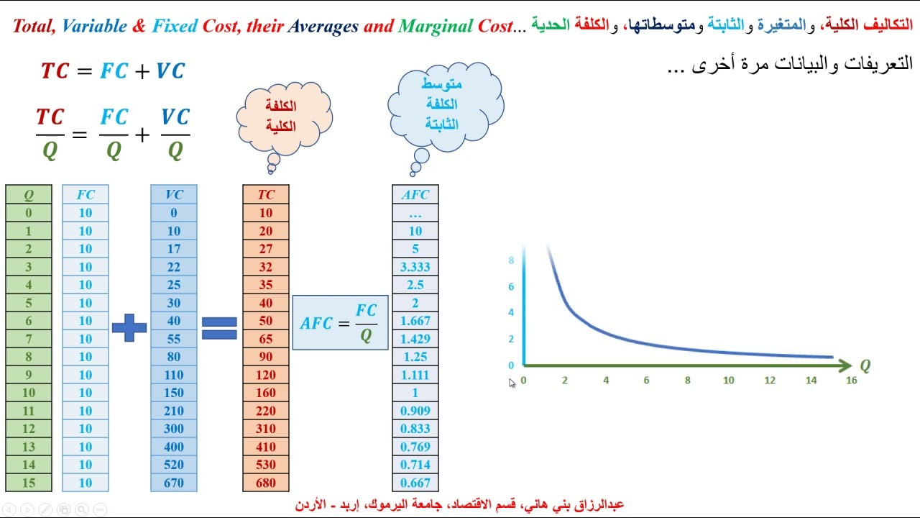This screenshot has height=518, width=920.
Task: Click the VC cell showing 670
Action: [x=174, y=483]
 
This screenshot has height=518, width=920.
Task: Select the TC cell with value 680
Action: [x=266, y=483]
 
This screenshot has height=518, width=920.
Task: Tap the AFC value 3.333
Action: [x=415, y=267]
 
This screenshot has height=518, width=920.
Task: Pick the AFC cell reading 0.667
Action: [x=415, y=483]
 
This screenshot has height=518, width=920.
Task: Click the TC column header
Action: [x=266, y=194]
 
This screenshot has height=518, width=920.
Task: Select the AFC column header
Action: [x=415, y=194]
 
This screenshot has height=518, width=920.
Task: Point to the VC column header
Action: [x=174, y=194]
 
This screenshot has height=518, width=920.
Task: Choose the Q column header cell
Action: [x=29, y=194]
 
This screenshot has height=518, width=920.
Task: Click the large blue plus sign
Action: [x=129, y=327]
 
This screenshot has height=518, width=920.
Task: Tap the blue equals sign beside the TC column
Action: [x=219, y=328]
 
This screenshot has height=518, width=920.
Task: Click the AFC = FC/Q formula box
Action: [x=340, y=322]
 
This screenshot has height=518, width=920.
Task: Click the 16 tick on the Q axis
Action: [x=852, y=381]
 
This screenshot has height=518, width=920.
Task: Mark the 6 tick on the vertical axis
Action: [x=511, y=286]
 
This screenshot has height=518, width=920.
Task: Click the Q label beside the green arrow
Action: [x=865, y=366]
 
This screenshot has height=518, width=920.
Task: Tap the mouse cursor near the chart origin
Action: [x=512, y=383]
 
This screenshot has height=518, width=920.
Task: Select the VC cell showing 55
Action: [x=174, y=339]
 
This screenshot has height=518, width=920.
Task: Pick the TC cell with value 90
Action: [x=266, y=357]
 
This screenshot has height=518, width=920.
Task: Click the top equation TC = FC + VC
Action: [x=113, y=71]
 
